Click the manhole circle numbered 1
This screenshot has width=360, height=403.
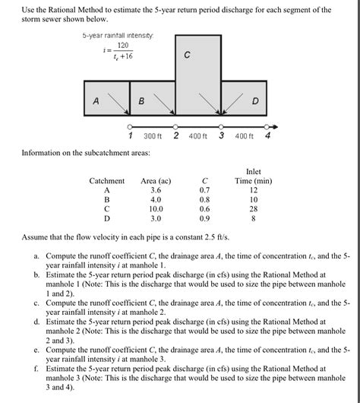pyautogui.click(x=130, y=127)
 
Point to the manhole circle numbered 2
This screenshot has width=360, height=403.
pyautogui.click(x=175, y=127)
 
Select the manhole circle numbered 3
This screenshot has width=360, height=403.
pyautogui.click(x=221, y=127)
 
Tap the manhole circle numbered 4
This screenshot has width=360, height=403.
pyautogui.click(x=267, y=127)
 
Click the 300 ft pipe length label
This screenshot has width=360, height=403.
pyautogui.click(x=153, y=136)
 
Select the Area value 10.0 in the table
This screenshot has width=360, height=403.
pyautogui.click(x=155, y=208)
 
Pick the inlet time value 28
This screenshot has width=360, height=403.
pyautogui.click(x=254, y=208)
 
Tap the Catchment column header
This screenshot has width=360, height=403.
pyautogui.click(x=106, y=181)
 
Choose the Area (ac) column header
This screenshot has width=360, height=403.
pyautogui.click(x=156, y=181)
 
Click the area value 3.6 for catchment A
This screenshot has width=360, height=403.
pyautogui.click(x=155, y=190)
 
